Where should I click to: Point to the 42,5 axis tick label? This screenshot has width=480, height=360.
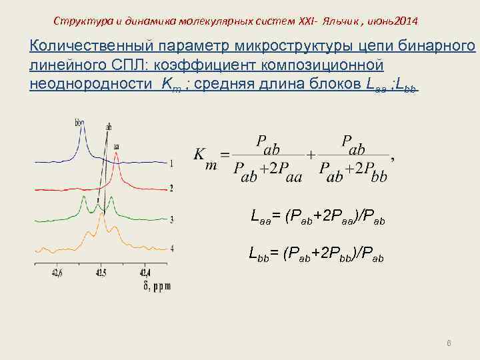click(x=100, y=273)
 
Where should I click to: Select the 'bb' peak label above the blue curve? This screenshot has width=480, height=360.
click(x=80, y=122)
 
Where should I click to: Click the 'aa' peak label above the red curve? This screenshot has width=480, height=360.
click(x=117, y=145)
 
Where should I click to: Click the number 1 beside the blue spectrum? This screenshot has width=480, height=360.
click(x=171, y=163)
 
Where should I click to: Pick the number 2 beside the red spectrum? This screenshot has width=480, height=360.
click(x=171, y=189)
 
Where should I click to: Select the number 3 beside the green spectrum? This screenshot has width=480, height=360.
click(x=171, y=219)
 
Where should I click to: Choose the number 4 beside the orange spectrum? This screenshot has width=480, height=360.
click(x=171, y=248)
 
